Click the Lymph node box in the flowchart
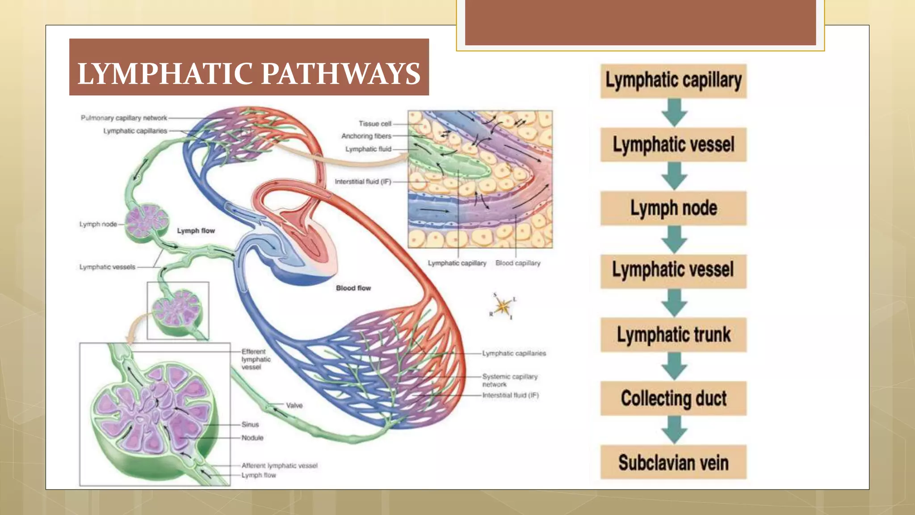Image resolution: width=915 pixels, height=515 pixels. click(x=673, y=208)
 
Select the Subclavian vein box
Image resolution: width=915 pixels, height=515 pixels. click(x=673, y=462)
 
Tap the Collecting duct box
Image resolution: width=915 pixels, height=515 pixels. click(x=673, y=398)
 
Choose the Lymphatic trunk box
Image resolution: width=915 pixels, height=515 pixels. click(x=673, y=335)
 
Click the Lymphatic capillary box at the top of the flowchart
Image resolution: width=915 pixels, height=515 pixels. click(x=673, y=81)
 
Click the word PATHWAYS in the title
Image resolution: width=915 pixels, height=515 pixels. click(x=340, y=74)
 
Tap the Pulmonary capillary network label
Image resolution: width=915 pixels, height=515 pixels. click(x=124, y=118)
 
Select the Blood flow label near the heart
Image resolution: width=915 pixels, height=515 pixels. click(x=353, y=288)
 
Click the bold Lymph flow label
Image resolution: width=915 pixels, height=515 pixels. click(x=196, y=231)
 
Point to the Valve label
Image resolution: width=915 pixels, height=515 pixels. click(x=294, y=405)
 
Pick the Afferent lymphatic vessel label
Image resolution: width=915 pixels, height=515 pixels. click(x=279, y=465)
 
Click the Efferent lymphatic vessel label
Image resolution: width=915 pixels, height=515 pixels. click(x=256, y=359)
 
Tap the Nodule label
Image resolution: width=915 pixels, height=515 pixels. click(x=252, y=438)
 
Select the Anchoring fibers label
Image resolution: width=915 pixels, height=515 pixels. click(x=366, y=136)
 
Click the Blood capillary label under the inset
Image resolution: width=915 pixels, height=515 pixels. click(x=518, y=263)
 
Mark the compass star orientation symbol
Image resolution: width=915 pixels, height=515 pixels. click(x=503, y=307)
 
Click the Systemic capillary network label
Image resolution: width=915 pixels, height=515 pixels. click(x=509, y=380)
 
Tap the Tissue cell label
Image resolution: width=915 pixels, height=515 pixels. click(x=375, y=123)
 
